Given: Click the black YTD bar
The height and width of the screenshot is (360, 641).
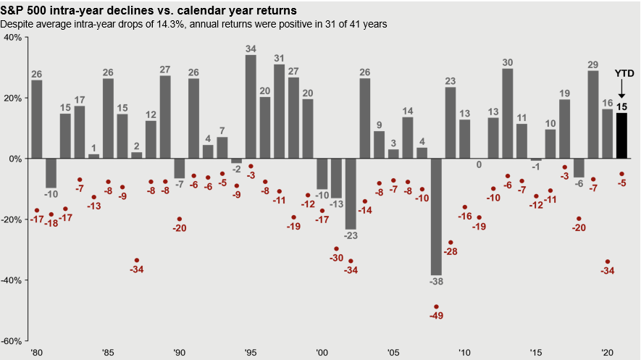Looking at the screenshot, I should tap(621, 135).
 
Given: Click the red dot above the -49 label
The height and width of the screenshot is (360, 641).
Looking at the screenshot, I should tap(436, 306).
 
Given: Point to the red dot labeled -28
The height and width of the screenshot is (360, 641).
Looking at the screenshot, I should tap(451, 243).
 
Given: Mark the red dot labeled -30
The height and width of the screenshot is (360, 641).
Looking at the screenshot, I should tap(336, 248).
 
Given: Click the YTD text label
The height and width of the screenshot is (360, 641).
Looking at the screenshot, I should tap(624, 74).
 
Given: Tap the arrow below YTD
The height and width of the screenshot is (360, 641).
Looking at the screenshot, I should tap(622, 90).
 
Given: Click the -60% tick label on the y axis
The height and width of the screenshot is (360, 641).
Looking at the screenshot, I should tap(12, 340).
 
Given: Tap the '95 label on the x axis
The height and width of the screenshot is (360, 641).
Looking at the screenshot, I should tap(251, 352).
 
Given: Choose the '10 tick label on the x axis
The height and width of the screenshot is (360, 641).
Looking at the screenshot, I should tap(464, 352).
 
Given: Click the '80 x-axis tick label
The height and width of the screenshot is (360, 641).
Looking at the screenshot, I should tap(36, 352).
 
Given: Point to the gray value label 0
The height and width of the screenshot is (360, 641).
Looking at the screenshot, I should tap(478, 164).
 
